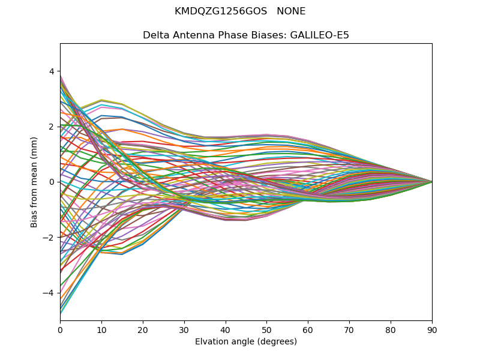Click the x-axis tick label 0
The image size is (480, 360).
[x=60, y=329]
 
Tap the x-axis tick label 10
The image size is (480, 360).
[x=101, y=329]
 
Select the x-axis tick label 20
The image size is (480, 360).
[x=143, y=329]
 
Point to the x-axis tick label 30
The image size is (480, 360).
[x=184, y=329]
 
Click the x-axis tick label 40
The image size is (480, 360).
[x=226, y=329]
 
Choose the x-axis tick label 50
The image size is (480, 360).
[x=266, y=329]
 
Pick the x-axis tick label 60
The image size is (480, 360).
[x=308, y=329]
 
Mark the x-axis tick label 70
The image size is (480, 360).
[x=349, y=329]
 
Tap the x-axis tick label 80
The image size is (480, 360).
[x=391, y=329]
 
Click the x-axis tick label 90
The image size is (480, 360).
[x=432, y=329]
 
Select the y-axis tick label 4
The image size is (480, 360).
[x=52, y=71]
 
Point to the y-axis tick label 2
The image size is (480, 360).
[x=52, y=127]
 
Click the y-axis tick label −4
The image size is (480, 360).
[x=49, y=293]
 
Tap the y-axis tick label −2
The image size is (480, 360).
[x=49, y=238]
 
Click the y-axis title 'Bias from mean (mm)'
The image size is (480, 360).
[x=35, y=181]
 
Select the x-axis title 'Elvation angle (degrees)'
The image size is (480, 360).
[x=246, y=341]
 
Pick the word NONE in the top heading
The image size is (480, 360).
[x=291, y=11]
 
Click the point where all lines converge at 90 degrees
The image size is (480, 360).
[x=432, y=182]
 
